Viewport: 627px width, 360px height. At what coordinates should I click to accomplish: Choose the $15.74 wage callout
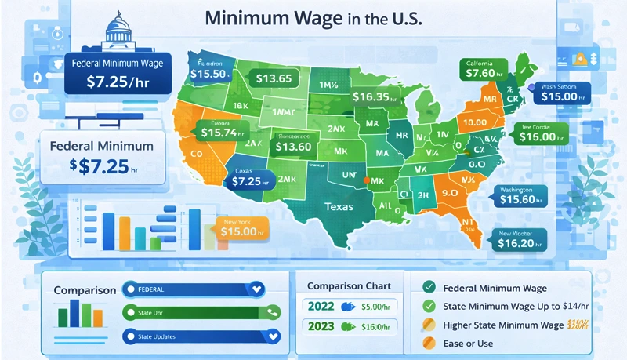point(224,134)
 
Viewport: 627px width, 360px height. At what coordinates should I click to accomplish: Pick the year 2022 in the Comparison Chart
point(321,307)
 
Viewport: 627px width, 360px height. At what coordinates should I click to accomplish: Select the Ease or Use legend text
point(469,343)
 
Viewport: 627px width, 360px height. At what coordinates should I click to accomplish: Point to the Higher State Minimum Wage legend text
point(502,325)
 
